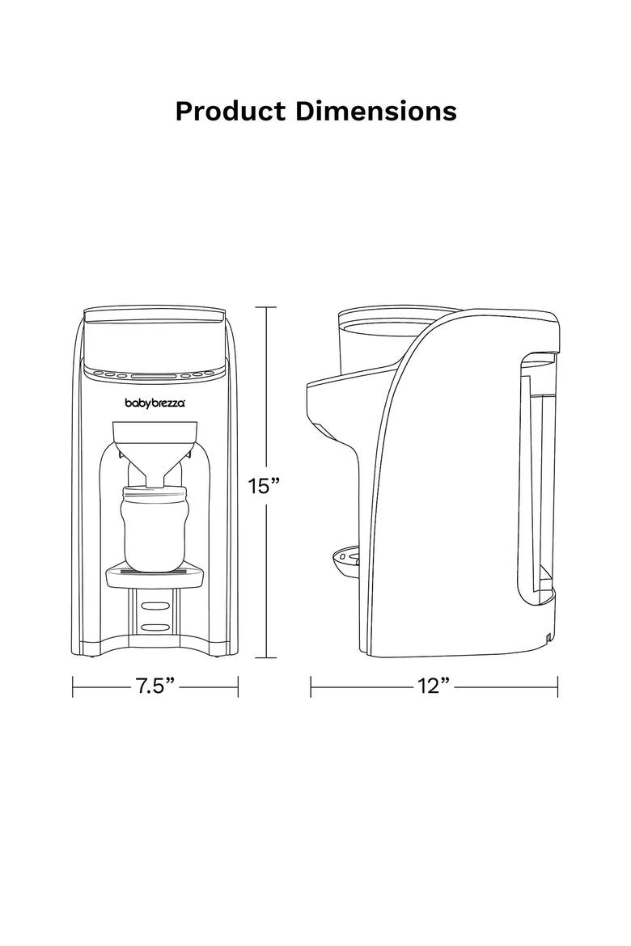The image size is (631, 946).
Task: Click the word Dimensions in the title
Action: [x=376, y=111]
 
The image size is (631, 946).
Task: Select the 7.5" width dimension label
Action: [x=155, y=686]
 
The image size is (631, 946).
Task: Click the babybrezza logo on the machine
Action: [x=155, y=403]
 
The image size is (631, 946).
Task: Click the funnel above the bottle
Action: [x=156, y=446]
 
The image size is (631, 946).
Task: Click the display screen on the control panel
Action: [x=155, y=374]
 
